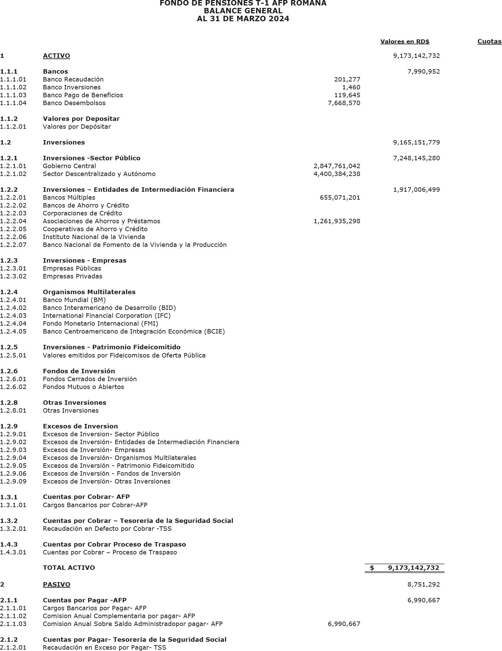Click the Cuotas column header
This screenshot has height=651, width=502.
tap(489, 41)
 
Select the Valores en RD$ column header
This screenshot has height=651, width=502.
tap(405, 41)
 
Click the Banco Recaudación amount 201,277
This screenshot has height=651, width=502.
tap(347, 79)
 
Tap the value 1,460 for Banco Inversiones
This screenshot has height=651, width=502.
tap(351, 87)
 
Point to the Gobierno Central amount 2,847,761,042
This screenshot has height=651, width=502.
tap(337, 166)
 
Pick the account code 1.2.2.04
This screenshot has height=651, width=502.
tap(13, 221)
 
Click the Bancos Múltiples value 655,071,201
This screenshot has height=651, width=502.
tap(340, 198)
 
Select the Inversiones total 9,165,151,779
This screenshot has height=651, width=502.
tap(416, 142)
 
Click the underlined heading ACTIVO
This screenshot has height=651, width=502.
tap(56, 56)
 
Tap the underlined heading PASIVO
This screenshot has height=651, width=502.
tap(57, 585)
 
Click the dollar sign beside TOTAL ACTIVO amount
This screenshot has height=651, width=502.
tap(372, 568)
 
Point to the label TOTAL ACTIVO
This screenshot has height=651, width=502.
tap(69, 568)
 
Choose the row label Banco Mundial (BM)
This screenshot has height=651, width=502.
tap(74, 300)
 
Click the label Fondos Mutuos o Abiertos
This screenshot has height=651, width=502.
tap(83, 387)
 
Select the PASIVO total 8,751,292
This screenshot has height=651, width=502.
tap(424, 585)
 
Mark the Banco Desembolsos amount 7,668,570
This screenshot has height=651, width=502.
tap(344, 103)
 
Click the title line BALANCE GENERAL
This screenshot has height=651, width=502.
tap(243, 11)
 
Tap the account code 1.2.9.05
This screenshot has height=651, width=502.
tap(13, 466)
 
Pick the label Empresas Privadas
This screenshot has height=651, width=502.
tap(72, 276)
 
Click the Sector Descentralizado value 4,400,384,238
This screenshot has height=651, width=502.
tap(337, 174)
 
